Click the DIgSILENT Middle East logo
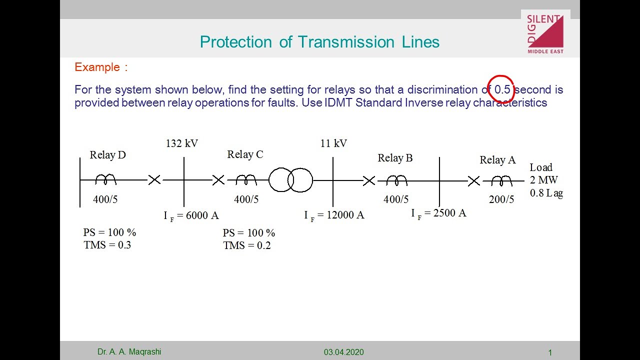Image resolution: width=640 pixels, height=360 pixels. coord(545,34)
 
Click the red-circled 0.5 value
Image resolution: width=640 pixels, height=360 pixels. coord(502,89)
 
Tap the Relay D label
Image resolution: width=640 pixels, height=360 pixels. coord(107,155)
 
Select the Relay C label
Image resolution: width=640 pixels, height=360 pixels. coord(245,154)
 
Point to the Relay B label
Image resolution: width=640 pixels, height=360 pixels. coord(395,158)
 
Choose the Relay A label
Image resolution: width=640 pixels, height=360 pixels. coord(497,160)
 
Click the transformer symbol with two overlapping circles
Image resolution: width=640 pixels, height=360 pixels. coord(290,180)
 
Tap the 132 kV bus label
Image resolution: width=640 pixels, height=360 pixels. coord(182,143)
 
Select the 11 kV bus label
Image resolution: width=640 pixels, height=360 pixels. coord(333,143)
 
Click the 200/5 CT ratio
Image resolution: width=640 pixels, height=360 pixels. coord(501,199)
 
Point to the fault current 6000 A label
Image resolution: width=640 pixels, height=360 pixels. coord(191,215)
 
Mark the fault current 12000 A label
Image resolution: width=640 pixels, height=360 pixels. coord(334,215)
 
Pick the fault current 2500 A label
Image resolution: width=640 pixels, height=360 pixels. coord(438,213)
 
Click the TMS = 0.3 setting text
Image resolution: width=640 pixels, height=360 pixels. coord(107,245)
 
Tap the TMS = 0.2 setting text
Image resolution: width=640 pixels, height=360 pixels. coord(246,245)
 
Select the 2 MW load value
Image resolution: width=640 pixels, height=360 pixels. coord(543,180)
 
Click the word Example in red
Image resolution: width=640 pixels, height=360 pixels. coord(97,67)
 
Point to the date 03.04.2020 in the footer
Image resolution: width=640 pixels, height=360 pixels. coord(343,352)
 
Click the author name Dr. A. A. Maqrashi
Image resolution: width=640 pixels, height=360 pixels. coord(129,352)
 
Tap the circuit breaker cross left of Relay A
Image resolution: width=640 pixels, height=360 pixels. coord(473,180)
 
